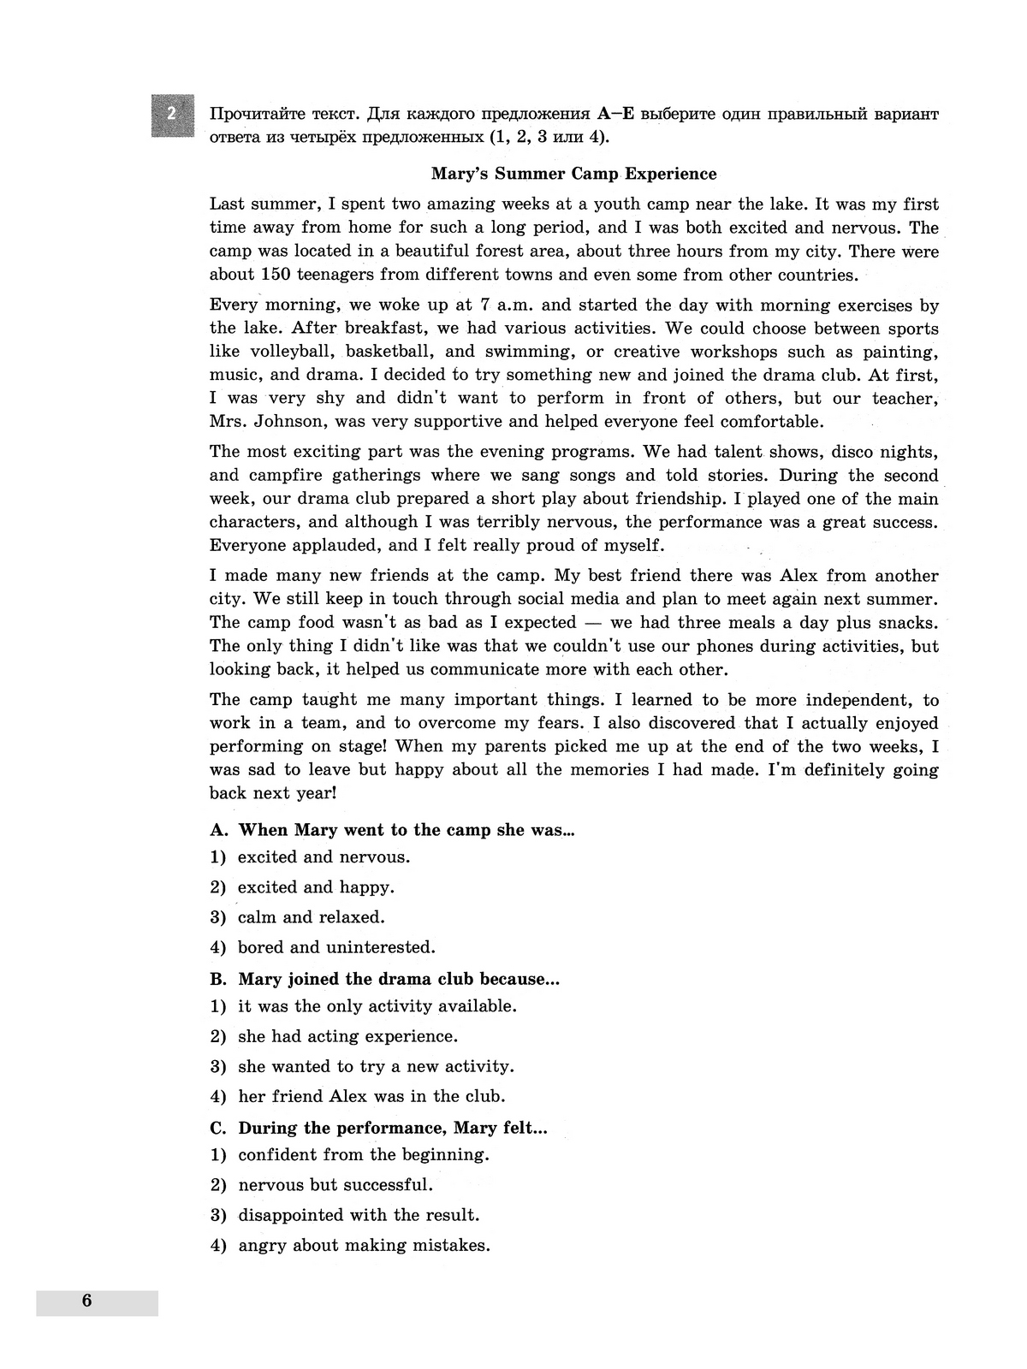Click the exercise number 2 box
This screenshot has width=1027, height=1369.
pyautogui.click(x=172, y=115)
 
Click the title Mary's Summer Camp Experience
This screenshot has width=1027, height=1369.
pyautogui.click(x=573, y=174)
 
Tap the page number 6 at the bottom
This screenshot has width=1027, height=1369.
pyautogui.click(x=86, y=1301)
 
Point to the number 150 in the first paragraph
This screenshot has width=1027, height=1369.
pyautogui.click(x=276, y=275)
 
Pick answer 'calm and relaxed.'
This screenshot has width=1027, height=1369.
pyautogui.click(x=311, y=917)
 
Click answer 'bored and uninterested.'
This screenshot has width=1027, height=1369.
pyautogui.click(x=336, y=947)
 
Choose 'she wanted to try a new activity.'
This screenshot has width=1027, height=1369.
pyautogui.click(x=376, y=1066)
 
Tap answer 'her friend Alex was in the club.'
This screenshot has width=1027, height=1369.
pyautogui.click(x=371, y=1096)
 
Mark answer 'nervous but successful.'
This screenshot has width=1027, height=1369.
pyautogui.click(x=335, y=1185)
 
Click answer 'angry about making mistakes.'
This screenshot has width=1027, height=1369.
pyautogui.click(x=364, y=1245)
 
